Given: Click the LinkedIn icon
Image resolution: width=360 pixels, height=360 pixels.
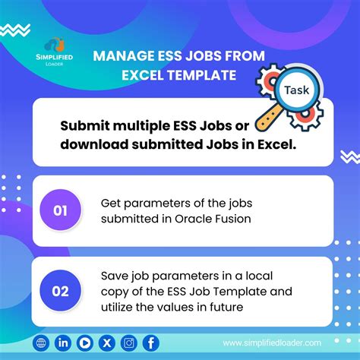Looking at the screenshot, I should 62,343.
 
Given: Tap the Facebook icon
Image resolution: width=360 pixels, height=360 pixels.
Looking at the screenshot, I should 150,343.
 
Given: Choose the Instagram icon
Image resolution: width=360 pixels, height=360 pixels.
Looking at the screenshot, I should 128,343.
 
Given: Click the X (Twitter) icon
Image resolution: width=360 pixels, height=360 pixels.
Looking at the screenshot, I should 106,343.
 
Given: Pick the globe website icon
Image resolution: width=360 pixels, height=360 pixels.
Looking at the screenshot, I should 40,343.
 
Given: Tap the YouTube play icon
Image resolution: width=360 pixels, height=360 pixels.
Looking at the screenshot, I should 84,343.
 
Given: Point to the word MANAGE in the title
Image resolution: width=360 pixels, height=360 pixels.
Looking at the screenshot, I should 119,55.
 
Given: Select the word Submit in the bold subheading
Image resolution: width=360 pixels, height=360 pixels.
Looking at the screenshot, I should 86,125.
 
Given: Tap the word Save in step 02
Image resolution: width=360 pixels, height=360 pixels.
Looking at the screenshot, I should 114,275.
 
